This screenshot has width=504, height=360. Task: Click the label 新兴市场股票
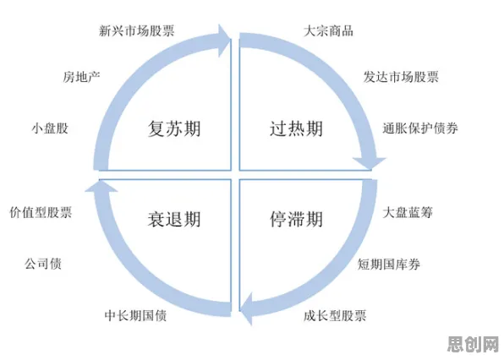pyautogui.click(x=137, y=30)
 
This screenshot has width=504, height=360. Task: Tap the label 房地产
pyautogui.click(x=82, y=77)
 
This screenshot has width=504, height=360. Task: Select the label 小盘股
pyautogui.click(x=50, y=128)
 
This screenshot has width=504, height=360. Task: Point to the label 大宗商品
pyautogui.click(x=328, y=30)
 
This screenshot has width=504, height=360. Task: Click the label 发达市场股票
pyautogui.click(x=401, y=77)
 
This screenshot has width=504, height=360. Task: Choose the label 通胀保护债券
pyautogui.click(x=420, y=128)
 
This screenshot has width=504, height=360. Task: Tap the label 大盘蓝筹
pyautogui.click(x=408, y=212)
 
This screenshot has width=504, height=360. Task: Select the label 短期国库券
pyautogui.click(x=389, y=264)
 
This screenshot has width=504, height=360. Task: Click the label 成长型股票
pyautogui.click(x=335, y=315)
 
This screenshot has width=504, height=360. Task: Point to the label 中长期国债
pyautogui.click(x=135, y=315)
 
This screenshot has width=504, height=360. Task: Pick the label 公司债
pyautogui.click(x=43, y=264)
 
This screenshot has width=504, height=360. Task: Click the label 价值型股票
pyautogui.click(x=41, y=212)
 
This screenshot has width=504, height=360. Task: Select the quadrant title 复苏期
pyautogui.click(x=174, y=128)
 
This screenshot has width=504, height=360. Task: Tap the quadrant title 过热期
pyautogui.click(x=296, y=128)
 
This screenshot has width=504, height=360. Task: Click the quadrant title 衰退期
pyautogui.click(x=174, y=220)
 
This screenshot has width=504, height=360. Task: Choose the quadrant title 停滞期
pyautogui.click(x=296, y=220)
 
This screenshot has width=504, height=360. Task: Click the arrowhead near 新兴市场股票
pyautogui.click(x=224, y=41)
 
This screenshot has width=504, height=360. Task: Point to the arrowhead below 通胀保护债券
pyautogui.click(x=370, y=164)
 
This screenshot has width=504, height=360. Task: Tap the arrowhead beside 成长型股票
pyautogui.click(x=247, y=308)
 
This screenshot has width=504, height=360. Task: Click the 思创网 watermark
pyautogui.click(x=474, y=344)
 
